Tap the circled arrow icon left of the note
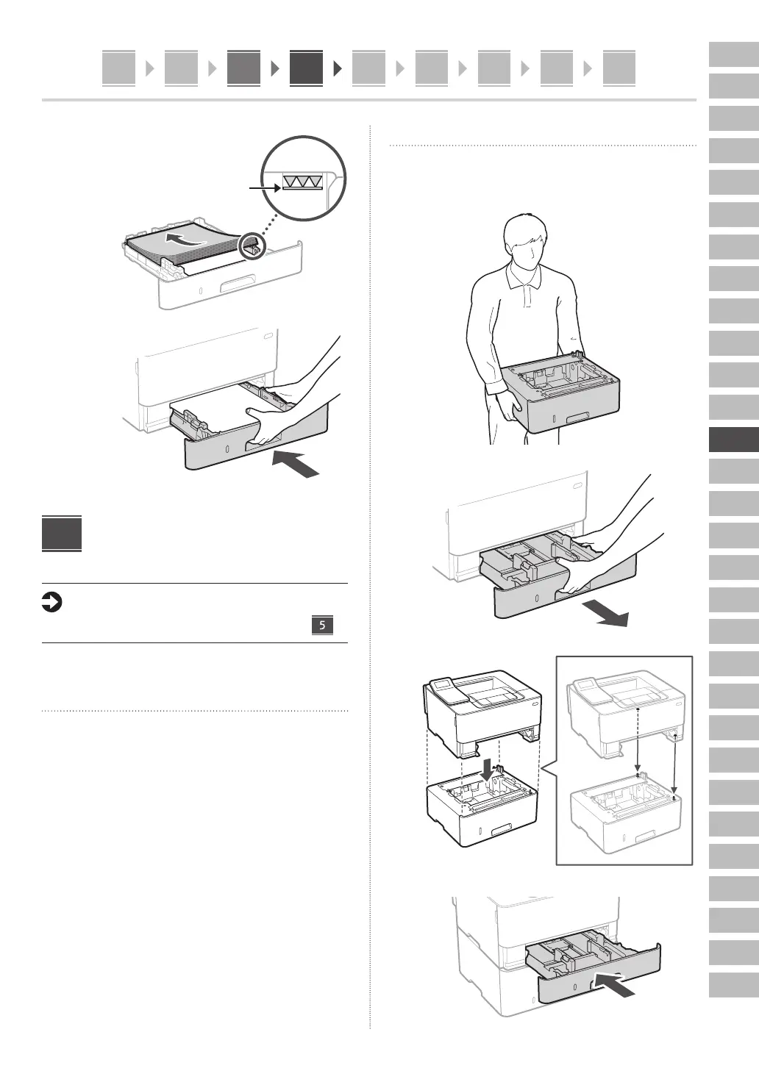(52, 603)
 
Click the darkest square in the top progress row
(306, 68)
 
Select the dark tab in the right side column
(733, 440)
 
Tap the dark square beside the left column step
(62, 534)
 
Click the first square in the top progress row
(118, 68)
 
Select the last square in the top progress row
(619, 68)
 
